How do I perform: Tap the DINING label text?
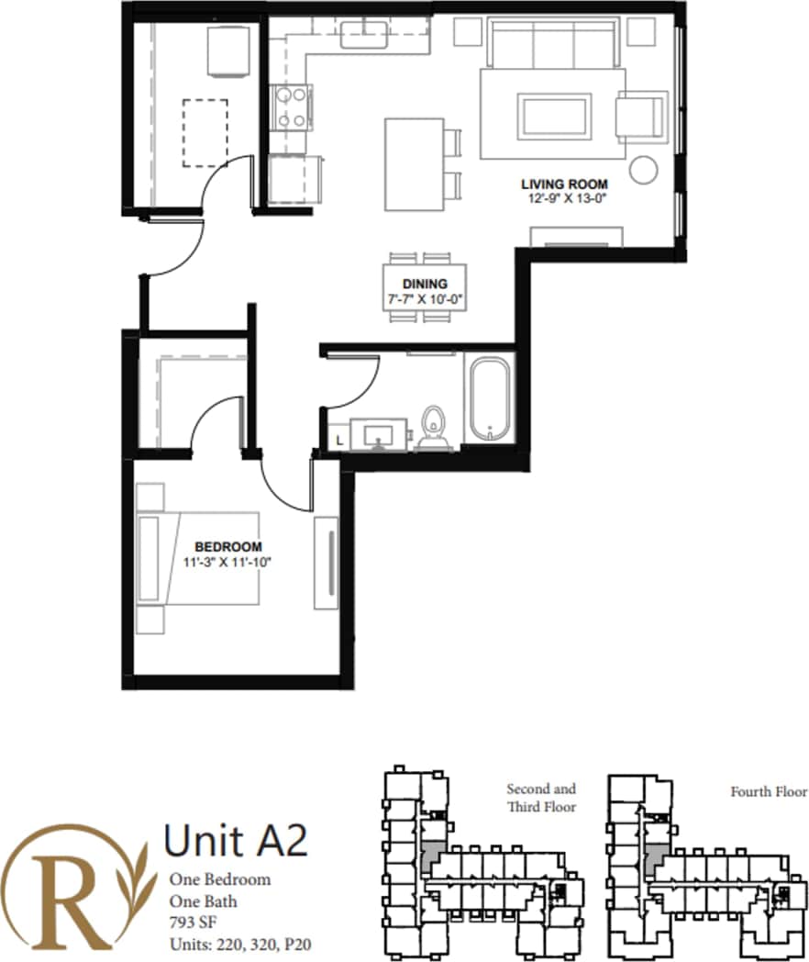(x=425, y=284)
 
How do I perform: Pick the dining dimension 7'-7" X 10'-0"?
(x=425, y=298)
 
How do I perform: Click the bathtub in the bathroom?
(x=492, y=399)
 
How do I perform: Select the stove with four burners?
(x=291, y=106)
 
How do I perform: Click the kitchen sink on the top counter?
(x=365, y=35)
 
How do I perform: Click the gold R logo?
(x=73, y=885)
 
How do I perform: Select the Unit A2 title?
(x=235, y=839)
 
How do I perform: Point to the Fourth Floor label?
(x=768, y=791)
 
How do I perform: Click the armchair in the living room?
(x=641, y=117)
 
